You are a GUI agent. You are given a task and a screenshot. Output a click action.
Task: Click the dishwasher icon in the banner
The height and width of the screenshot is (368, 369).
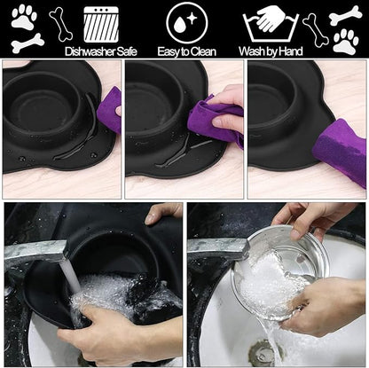(x=101, y=24)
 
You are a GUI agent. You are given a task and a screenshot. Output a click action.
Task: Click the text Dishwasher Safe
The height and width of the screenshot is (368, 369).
(x=101, y=51)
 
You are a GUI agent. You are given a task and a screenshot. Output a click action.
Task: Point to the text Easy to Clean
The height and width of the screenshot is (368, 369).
(x=186, y=51)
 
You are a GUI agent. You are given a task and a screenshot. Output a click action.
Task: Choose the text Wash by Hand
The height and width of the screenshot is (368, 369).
(x=271, y=51)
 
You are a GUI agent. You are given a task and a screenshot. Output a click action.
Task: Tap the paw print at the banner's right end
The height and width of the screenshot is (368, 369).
(x=345, y=41)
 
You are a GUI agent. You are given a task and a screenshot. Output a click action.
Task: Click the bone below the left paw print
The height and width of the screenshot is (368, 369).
(x=27, y=43)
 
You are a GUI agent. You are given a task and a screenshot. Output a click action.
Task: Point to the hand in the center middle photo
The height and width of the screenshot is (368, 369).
(x=228, y=99)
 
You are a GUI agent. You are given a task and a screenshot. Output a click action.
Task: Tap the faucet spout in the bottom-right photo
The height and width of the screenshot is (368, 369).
(x=213, y=246)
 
